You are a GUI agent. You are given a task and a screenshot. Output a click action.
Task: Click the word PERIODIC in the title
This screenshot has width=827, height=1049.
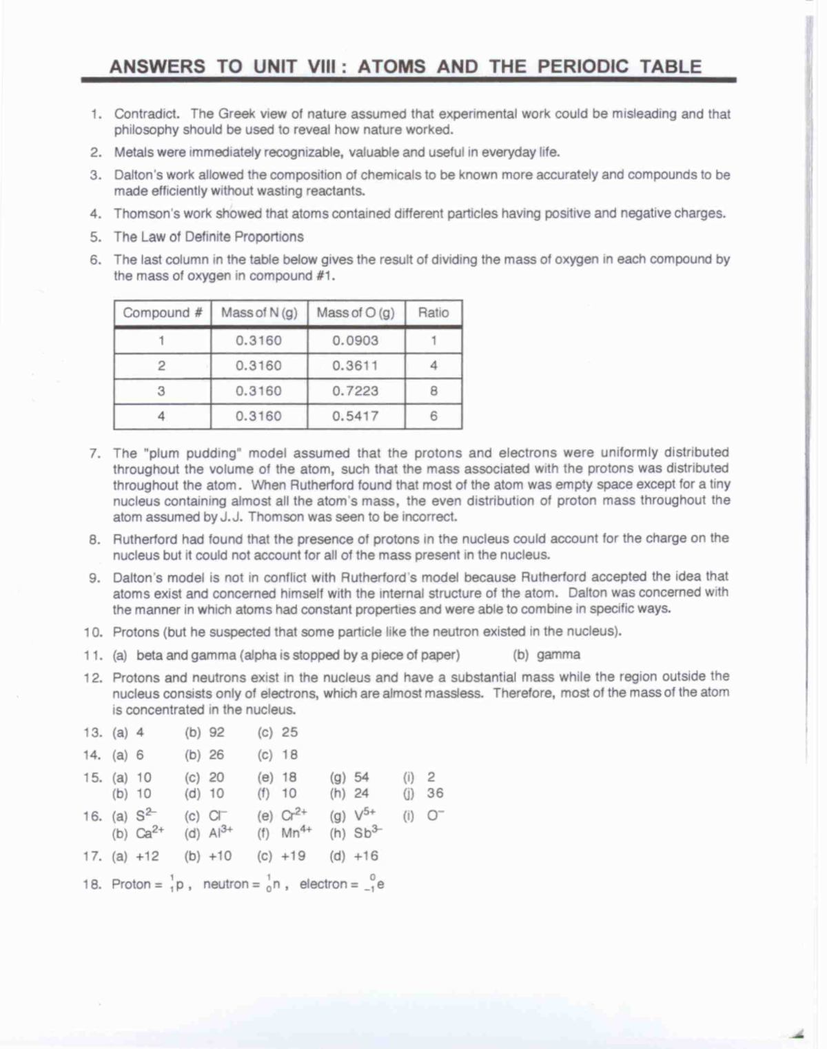(583, 66)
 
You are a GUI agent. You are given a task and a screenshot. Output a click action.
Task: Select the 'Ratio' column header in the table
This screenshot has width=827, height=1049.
(433, 313)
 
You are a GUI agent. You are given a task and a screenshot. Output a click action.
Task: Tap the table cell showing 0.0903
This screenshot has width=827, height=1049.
(355, 340)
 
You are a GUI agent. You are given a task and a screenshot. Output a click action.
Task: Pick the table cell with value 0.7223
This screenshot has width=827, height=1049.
(355, 391)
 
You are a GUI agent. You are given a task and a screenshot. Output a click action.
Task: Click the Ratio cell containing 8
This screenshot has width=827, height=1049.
(433, 391)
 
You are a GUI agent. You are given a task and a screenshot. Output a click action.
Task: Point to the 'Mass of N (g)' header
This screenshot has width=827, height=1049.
(259, 313)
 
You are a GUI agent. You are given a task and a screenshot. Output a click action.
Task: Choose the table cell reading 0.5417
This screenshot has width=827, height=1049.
(355, 416)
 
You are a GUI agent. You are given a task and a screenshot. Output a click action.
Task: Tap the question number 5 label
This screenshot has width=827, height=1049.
(95, 237)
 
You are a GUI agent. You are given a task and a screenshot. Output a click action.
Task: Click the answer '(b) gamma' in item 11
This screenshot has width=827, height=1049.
(547, 655)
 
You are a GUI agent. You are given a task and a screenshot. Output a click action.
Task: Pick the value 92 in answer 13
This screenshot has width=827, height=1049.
(216, 732)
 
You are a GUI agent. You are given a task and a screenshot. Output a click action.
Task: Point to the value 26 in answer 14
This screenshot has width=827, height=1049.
(216, 755)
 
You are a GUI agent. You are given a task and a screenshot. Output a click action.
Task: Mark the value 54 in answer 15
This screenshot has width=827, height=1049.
(361, 777)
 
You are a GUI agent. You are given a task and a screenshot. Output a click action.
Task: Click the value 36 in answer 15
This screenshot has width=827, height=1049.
(435, 793)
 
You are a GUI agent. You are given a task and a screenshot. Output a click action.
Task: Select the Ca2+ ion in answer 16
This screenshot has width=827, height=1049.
(150, 833)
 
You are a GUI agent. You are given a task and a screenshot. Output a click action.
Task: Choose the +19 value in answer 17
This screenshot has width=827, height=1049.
(293, 856)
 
